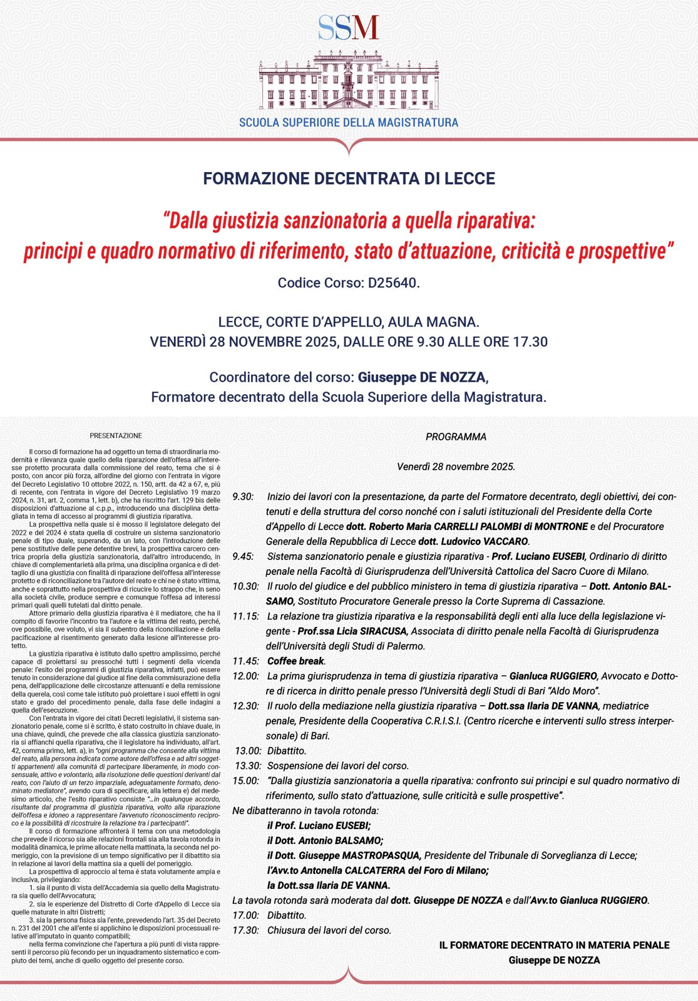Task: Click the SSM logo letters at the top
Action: click(x=348, y=28)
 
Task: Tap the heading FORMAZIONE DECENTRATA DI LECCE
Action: click(x=349, y=178)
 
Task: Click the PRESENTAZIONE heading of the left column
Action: click(x=116, y=435)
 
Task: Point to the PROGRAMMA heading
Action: click(x=456, y=437)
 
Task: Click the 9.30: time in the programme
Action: click(x=243, y=497)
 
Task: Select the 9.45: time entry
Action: click(x=243, y=556)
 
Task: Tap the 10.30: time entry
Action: click(x=245, y=586)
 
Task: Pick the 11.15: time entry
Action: click(x=245, y=616)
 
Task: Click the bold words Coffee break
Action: click(x=295, y=661)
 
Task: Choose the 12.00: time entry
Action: click(x=245, y=676)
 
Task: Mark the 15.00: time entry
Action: click(x=245, y=781)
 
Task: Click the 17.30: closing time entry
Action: click(x=245, y=930)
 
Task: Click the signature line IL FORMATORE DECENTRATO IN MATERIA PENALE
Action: click(x=554, y=945)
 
